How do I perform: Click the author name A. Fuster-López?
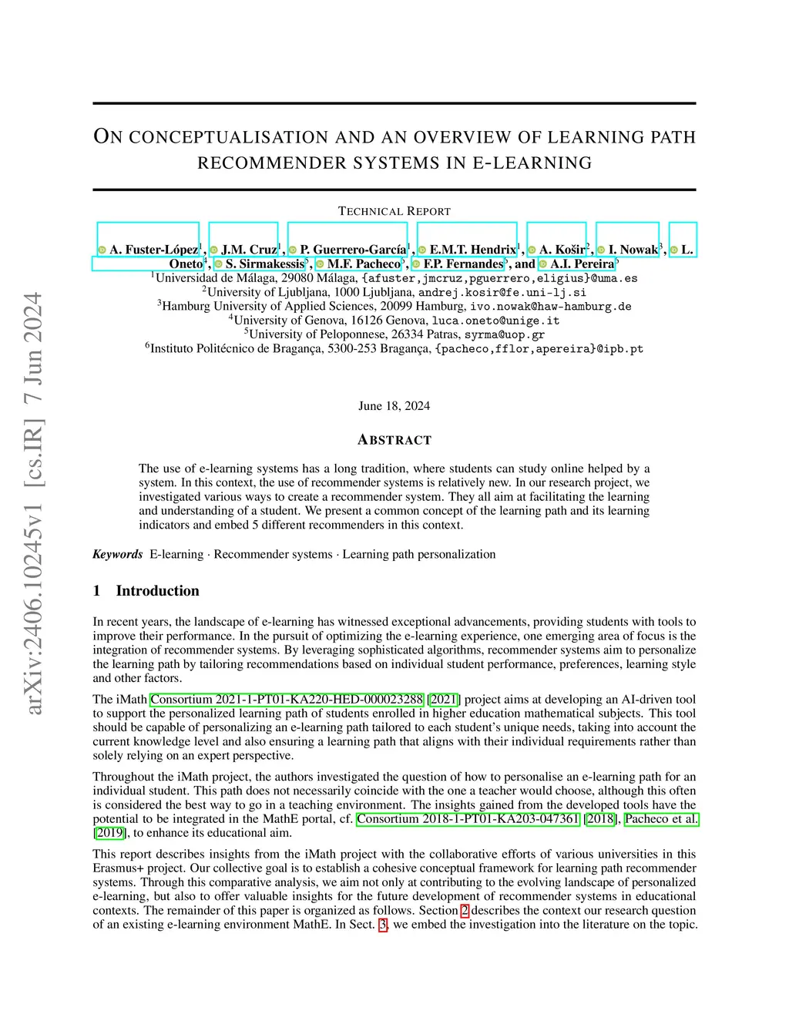(153, 250)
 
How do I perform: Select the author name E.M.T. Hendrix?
(472, 250)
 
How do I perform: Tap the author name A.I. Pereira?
(582, 264)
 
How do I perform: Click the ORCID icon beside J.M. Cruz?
(214, 250)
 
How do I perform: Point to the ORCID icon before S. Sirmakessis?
(219, 264)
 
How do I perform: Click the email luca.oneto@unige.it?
(495, 321)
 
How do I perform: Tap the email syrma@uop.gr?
(504, 334)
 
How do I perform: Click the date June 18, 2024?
(394, 406)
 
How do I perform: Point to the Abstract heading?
(394, 440)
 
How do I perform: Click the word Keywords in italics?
(118, 554)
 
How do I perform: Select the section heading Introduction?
(157, 591)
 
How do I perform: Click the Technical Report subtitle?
(394, 211)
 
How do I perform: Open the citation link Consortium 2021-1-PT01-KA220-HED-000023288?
(287, 700)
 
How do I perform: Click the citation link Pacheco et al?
(661, 819)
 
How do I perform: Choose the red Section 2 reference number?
(465, 911)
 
